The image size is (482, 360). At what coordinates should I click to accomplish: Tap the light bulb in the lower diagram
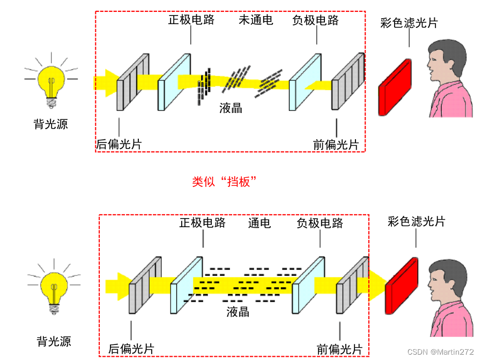54,287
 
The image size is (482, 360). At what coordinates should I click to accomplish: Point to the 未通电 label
256,20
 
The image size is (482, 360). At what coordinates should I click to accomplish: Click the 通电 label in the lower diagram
259,223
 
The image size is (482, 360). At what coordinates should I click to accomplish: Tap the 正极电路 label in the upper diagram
191,20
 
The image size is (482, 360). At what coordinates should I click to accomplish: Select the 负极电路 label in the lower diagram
320,223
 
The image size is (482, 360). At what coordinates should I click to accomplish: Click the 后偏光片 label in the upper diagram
118,144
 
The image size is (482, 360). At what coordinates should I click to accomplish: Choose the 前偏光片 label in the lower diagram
339,348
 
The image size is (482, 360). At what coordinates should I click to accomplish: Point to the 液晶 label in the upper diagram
231,108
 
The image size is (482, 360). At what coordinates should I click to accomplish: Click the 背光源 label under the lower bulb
54,341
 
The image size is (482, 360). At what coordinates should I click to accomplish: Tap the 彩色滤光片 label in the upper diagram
409,22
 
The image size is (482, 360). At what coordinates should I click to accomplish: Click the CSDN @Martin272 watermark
440,352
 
